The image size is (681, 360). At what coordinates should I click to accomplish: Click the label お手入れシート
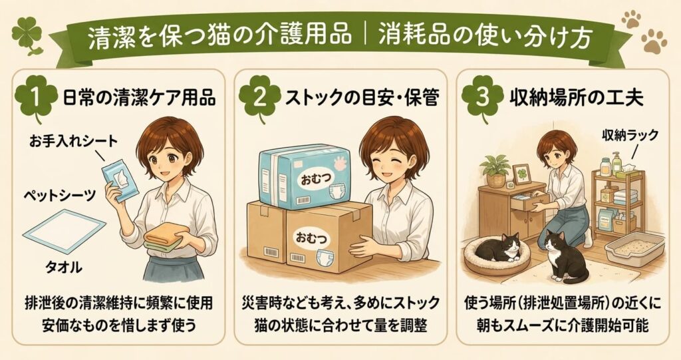point(72,141)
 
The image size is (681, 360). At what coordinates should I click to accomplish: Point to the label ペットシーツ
point(59,195)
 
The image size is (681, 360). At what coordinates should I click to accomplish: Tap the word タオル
point(63,267)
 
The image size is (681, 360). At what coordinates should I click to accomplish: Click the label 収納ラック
point(630,136)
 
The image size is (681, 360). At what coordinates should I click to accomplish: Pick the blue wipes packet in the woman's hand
point(120,182)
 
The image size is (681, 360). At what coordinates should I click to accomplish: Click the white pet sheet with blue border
point(65,230)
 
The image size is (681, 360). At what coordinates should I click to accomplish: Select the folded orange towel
point(167,235)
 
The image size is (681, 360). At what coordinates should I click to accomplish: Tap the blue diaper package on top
point(304,174)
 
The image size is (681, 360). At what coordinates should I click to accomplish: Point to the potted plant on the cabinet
point(496,170)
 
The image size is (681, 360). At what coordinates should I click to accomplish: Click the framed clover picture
point(523,175)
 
